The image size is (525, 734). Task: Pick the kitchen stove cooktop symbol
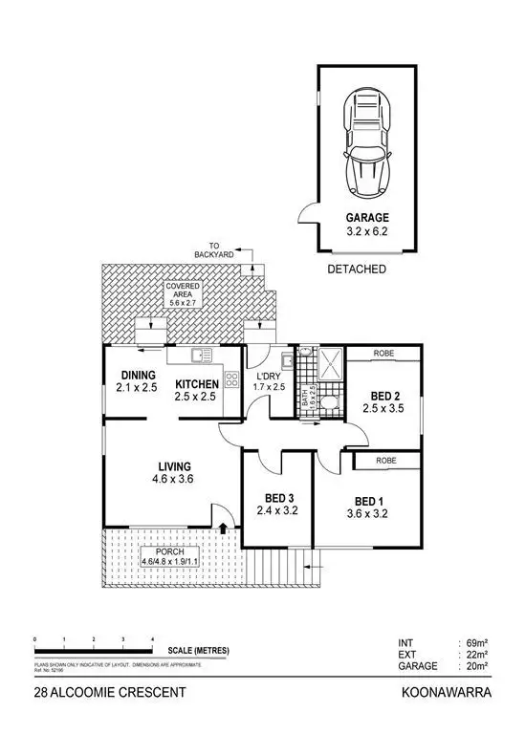(x=230, y=378)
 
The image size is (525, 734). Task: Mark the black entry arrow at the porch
(x=223, y=526)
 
